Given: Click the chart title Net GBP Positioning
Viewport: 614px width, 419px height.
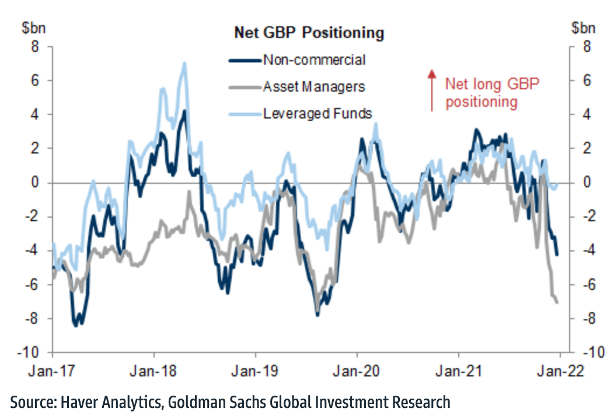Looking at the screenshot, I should [309, 33].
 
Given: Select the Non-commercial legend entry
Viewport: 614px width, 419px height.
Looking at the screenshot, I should [313, 60].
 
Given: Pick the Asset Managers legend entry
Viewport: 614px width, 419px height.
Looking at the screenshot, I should [313, 87].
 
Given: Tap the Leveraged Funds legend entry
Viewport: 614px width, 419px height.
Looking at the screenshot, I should [317, 114].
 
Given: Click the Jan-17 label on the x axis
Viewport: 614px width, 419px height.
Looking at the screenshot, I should [53, 369].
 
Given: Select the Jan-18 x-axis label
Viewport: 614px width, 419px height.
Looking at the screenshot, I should [154, 369].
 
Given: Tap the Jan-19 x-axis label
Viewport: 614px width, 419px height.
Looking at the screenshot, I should [256, 369].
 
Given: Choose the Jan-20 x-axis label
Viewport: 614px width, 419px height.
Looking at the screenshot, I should [357, 369].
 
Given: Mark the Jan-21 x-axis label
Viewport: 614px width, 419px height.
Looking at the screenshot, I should [459, 369].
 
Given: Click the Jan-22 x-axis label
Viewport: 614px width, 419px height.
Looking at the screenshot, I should [559, 369].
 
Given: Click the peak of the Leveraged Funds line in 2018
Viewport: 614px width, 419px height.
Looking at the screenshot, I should [184, 63].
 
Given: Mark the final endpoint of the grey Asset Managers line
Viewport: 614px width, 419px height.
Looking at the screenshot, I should [557, 302].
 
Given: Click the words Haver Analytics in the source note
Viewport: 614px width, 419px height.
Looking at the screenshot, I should [109, 402].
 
